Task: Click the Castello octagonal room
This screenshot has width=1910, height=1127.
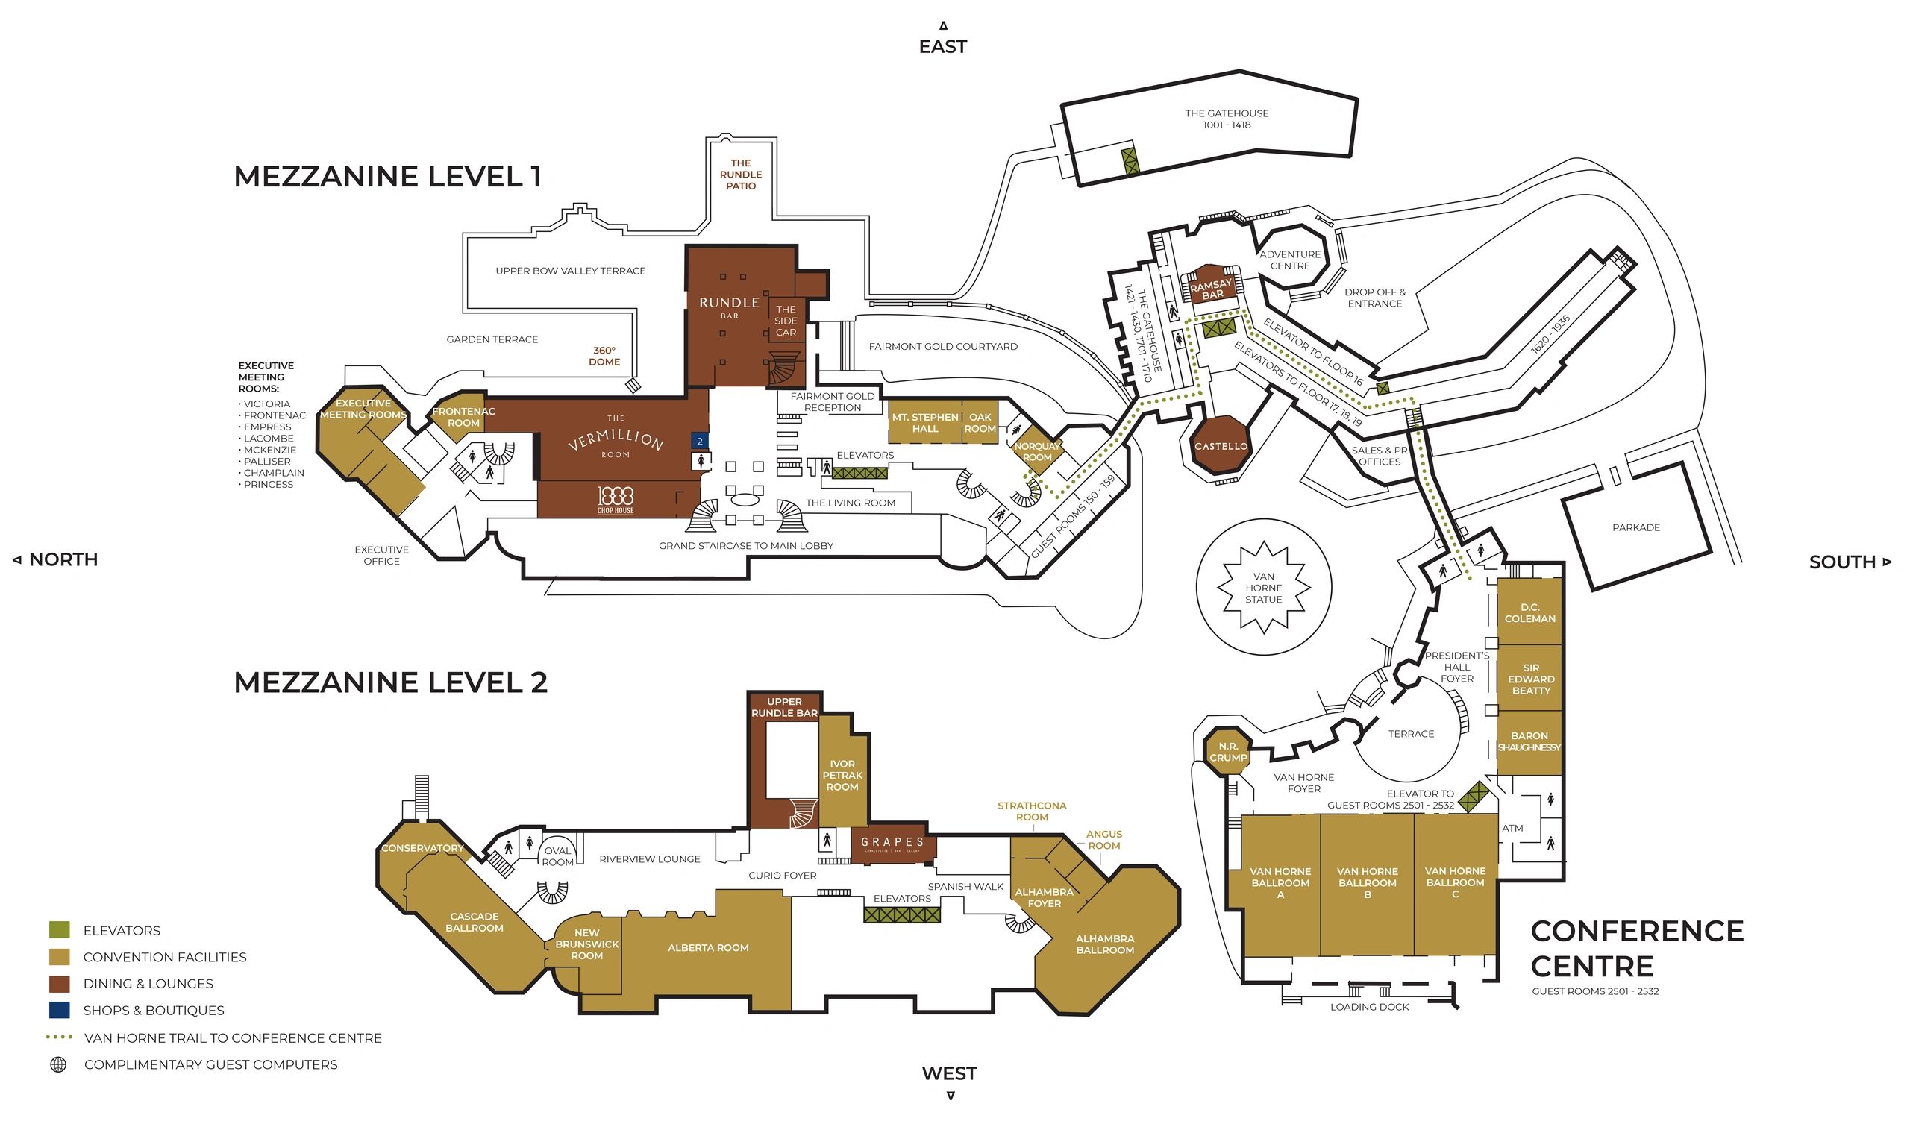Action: pyautogui.click(x=1221, y=446)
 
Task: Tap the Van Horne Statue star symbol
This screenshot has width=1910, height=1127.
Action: pyautogui.click(x=1263, y=588)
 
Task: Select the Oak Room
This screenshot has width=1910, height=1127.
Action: pyautogui.click(x=980, y=423)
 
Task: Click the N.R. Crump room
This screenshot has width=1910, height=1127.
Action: pyautogui.click(x=1228, y=752)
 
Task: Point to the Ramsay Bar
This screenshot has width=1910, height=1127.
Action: pyautogui.click(x=1212, y=289)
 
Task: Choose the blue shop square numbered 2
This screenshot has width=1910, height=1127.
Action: pyautogui.click(x=699, y=442)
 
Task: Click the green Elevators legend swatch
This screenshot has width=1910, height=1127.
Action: pyautogui.click(x=59, y=930)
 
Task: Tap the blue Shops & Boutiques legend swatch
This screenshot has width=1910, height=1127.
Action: pyautogui.click(x=59, y=1010)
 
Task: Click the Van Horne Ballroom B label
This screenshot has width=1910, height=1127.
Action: pyautogui.click(x=1367, y=882)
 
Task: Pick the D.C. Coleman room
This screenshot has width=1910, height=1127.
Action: pyautogui.click(x=1529, y=613)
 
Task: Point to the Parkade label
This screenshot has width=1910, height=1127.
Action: pyautogui.click(x=1636, y=528)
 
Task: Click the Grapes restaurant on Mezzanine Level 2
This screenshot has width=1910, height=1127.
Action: pyautogui.click(x=892, y=843)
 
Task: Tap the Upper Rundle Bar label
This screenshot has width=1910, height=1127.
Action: pyautogui.click(x=783, y=707)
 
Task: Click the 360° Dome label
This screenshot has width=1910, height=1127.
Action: pyautogui.click(x=604, y=357)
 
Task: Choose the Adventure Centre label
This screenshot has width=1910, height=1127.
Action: pyautogui.click(x=1289, y=260)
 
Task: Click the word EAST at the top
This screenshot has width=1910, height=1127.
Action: pyautogui.click(x=942, y=47)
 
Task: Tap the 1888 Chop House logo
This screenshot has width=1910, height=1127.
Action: pyautogui.click(x=615, y=499)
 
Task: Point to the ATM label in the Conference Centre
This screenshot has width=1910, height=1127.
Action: pyautogui.click(x=1512, y=829)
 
